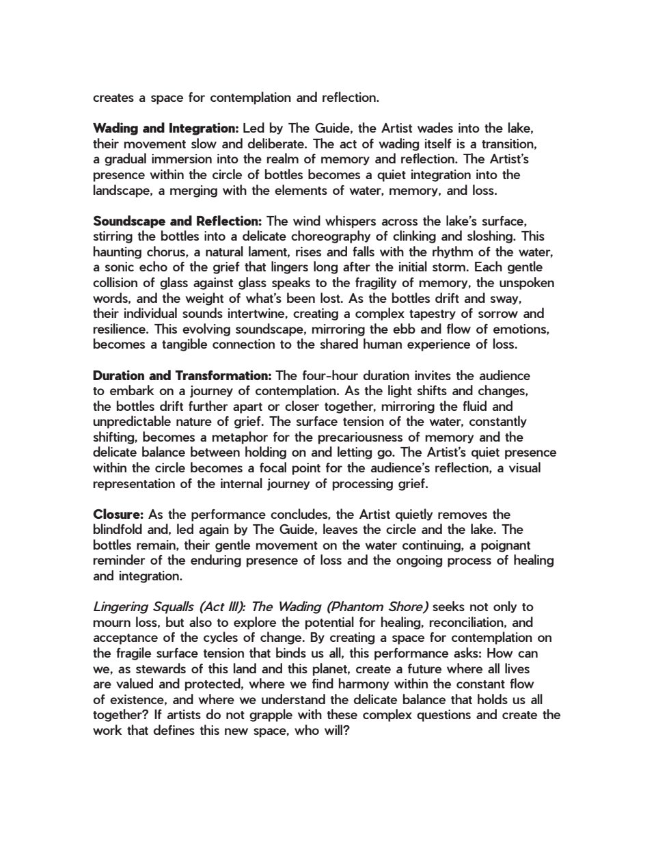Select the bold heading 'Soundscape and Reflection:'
[178, 221]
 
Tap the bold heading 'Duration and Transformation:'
[182, 376]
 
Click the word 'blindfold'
[119, 530]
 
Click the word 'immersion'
[177, 159]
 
